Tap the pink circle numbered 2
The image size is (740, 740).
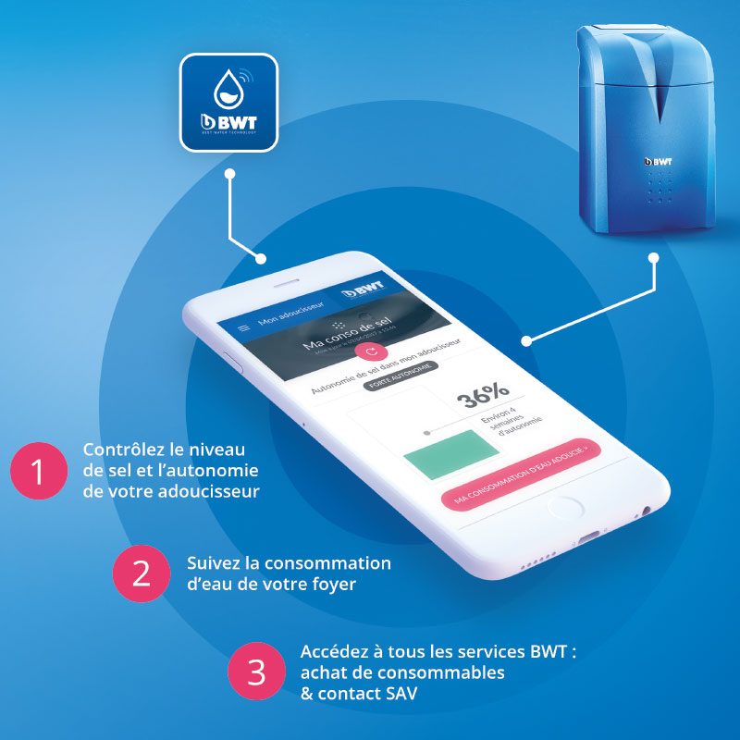(141, 573)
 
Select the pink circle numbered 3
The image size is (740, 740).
(254, 672)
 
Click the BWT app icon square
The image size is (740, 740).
(228, 102)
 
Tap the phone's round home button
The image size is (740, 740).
(562, 508)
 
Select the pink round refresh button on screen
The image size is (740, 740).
(372, 351)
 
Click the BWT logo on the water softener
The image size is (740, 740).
(658, 161)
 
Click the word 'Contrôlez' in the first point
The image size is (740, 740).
(119, 450)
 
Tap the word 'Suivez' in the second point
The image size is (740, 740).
(212, 563)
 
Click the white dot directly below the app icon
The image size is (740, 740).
(228, 173)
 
